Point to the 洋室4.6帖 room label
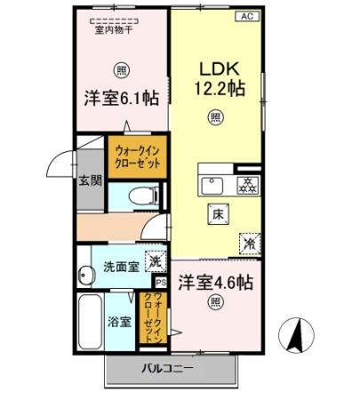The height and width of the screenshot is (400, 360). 216,284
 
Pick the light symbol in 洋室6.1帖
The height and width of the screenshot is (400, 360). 120,69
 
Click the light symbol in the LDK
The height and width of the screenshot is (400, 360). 215,116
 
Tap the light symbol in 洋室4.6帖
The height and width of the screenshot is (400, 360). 216,304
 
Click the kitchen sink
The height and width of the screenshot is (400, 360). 214,185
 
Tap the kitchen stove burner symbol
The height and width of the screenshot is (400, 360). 246,185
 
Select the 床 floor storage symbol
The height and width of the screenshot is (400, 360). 217,213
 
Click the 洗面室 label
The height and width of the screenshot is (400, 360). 119,266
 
